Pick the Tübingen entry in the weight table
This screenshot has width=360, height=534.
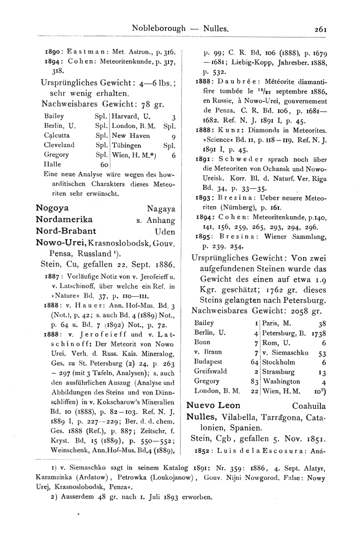pyautogui.click(x=128, y=146)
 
